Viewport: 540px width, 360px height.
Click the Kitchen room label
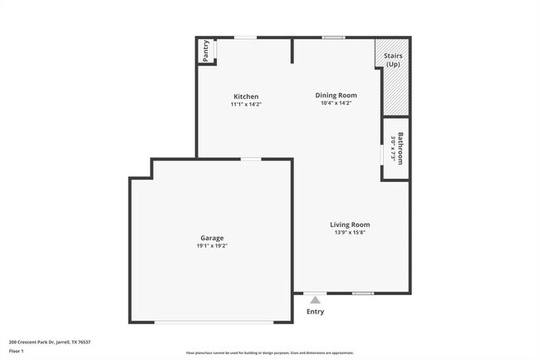tap(246, 96)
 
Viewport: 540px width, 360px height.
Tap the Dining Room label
tap(336, 96)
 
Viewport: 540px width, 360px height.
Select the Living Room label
tap(349, 224)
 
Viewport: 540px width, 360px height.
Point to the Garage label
tap(211, 238)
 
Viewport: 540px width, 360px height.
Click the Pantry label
tap(204, 52)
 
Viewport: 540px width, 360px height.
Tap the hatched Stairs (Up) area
tap(395, 87)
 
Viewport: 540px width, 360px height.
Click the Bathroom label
tap(400, 148)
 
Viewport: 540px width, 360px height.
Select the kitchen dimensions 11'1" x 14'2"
tap(246, 105)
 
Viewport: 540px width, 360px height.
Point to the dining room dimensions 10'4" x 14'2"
tap(336, 104)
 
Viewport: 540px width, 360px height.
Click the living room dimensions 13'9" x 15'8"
tap(349, 233)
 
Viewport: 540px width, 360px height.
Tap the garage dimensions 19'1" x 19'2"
tap(211, 246)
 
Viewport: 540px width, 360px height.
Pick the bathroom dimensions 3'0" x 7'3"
tap(392, 148)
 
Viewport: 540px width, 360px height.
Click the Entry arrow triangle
tap(315, 300)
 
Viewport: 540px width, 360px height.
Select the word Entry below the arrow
tap(316, 312)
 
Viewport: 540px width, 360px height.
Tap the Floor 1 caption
tap(17, 352)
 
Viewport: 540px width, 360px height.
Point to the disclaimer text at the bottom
tap(269, 353)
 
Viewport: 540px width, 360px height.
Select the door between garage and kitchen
tap(250, 159)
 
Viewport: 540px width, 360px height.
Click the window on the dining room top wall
tap(333, 37)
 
